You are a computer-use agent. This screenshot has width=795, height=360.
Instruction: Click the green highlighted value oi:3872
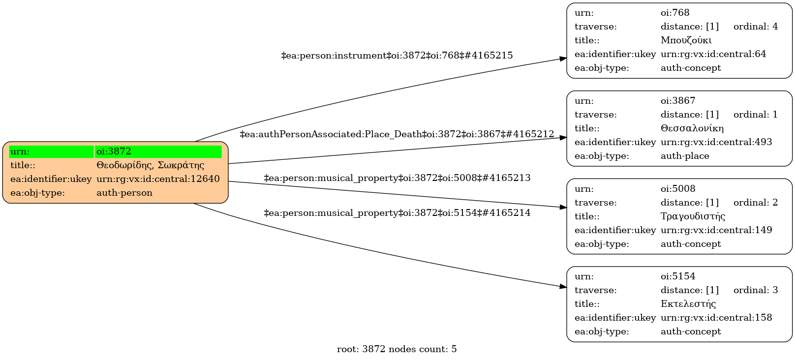[x=158, y=151]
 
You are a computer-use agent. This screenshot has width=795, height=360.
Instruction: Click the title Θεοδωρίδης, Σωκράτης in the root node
[x=150, y=165]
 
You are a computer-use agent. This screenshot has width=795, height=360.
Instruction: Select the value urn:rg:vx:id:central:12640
[x=158, y=179]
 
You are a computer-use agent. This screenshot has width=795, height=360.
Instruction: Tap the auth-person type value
[x=124, y=193]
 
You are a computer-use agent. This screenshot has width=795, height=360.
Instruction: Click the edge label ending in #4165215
[x=397, y=56]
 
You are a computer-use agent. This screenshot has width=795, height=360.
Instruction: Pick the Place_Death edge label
[x=397, y=134]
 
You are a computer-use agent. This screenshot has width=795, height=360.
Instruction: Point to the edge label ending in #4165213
[x=397, y=178]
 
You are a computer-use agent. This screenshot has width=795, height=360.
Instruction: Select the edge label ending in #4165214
[x=397, y=213]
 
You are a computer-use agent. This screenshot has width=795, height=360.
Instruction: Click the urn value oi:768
[x=675, y=13]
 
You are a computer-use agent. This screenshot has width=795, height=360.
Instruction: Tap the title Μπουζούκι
[x=686, y=40]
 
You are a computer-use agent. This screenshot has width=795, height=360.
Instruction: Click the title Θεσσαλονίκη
[x=692, y=128]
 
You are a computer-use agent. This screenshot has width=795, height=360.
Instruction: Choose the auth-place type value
[x=685, y=156]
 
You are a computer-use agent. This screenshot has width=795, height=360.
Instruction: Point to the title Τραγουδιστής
[x=693, y=216]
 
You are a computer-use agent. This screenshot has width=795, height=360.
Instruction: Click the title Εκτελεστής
[x=688, y=304]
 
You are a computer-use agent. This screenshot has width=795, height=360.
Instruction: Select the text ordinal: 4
[x=756, y=27]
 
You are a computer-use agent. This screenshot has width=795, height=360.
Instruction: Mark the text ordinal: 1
[x=756, y=115]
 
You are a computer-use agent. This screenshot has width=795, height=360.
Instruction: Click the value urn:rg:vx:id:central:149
[x=716, y=230]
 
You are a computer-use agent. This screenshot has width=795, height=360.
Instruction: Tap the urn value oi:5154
[x=678, y=276]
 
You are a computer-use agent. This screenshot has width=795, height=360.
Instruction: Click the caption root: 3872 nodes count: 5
[x=397, y=349]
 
